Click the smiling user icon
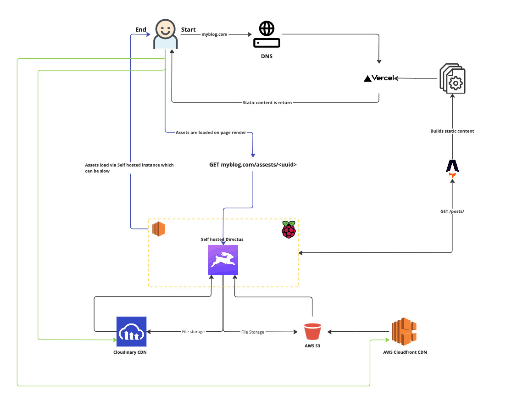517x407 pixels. click(165, 34)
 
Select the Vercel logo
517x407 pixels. click(378, 78)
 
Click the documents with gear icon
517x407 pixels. click(452, 78)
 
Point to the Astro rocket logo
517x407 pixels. click(452, 166)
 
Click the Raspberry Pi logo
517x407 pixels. click(289, 229)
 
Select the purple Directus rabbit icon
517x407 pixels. click(223, 260)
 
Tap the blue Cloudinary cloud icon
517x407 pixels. click(131, 331)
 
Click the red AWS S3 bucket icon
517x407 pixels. click(312, 331)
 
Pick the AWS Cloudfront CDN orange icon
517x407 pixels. click(404, 332)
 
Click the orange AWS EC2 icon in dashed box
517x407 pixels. click(158, 229)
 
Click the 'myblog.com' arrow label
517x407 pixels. click(214, 34)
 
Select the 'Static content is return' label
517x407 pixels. click(267, 102)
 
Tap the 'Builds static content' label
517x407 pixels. click(452, 131)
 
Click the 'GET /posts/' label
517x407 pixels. click(452, 212)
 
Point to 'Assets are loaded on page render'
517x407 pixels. click(211, 132)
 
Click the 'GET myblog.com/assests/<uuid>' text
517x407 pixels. click(253, 164)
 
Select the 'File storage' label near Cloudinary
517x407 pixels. click(193, 331)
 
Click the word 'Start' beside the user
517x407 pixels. click(188, 30)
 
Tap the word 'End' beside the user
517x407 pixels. click(140, 30)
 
